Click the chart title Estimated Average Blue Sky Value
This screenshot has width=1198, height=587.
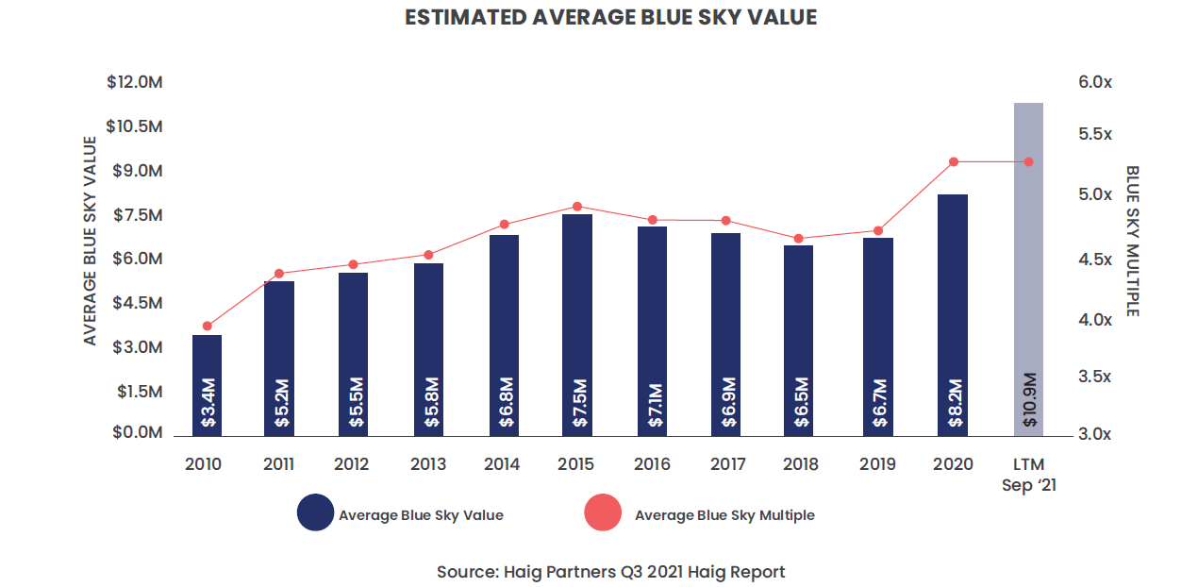pyautogui.click(x=610, y=18)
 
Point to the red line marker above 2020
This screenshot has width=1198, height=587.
pyautogui.click(x=954, y=162)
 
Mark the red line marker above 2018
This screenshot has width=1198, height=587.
pyautogui.click(x=798, y=239)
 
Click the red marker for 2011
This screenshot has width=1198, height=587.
pyautogui.click(x=279, y=274)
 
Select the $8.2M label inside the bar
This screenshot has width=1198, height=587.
pyautogui.click(x=955, y=404)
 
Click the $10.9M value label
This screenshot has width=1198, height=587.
pyautogui.click(x=1029, y=400)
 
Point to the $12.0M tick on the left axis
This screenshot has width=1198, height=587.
pyautogui.click(x=135, y=83)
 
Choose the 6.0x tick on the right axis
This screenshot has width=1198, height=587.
pyautogui.click(x=1095, y=83)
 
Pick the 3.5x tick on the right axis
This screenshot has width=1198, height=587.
pyautogui.click(x=1095, y=377)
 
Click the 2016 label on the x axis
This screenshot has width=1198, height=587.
pyautogui.click(x=652, y=464)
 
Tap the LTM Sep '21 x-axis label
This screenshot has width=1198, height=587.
pyautogui.click(x=1028, y=473)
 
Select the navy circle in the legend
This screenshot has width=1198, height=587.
pyautogui.click(x=315, y=514)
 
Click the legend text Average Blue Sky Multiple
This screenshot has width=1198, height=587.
pyautogui.click(x=724, y=515)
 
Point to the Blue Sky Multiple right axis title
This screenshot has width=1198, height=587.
pyautogui.click(x=1132, y=242)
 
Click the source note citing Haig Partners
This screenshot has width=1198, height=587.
pyautogui.click(x=610, y=572)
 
